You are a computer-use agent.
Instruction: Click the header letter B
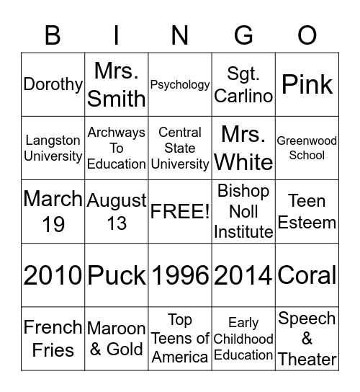point(53,35)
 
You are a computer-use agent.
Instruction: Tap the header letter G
point(244,35)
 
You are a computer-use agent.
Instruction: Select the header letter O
point(307,35)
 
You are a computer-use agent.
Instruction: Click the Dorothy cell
point(53,84)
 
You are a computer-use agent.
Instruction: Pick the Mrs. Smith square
point(117,84)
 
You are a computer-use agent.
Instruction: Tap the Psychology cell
point(180,84)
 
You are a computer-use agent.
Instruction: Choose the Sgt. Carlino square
point(244,84)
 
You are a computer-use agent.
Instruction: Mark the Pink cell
point(307,84)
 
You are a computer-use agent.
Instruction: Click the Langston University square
point(53,148)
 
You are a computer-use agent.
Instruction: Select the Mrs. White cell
point(244,148)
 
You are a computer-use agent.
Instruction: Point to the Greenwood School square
point(307,148)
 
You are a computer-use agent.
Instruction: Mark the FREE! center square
point(180,211)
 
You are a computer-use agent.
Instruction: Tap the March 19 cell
point(53,211)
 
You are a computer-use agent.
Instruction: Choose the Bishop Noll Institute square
point(244,211)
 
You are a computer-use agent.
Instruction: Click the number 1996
point(180,275)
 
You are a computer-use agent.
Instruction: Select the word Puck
point(117,275)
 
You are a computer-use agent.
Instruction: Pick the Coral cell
point(307,275)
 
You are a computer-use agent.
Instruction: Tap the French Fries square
point(53,338)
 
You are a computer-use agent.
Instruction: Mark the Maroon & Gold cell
point(117,338)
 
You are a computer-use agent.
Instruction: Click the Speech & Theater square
point(307,338)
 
